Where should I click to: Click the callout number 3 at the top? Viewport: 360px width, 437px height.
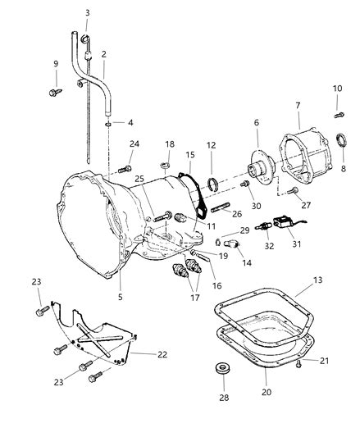click(88, 12)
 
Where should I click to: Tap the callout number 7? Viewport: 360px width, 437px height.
click(298, 106)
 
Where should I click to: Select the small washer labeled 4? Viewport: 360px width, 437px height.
click(108, 124)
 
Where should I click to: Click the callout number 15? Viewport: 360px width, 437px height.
click(189, 154)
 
